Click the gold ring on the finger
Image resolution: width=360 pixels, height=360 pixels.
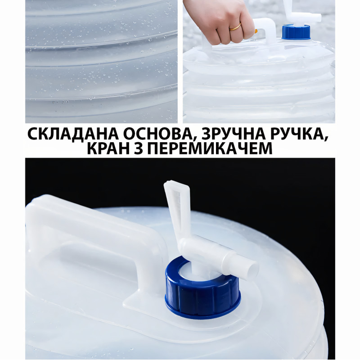pyautogui.click(x=235, y=27)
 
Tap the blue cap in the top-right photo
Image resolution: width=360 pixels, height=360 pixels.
pyautogui.click(x=296, y=32)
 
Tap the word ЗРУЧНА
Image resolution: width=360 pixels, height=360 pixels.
pyautogui.click(x=234, y=134)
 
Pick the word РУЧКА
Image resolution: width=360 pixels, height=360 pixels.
pyautogui.click(x=297, y=134)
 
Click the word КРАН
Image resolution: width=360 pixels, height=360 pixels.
pyautogui.click(x=108, y=148)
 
